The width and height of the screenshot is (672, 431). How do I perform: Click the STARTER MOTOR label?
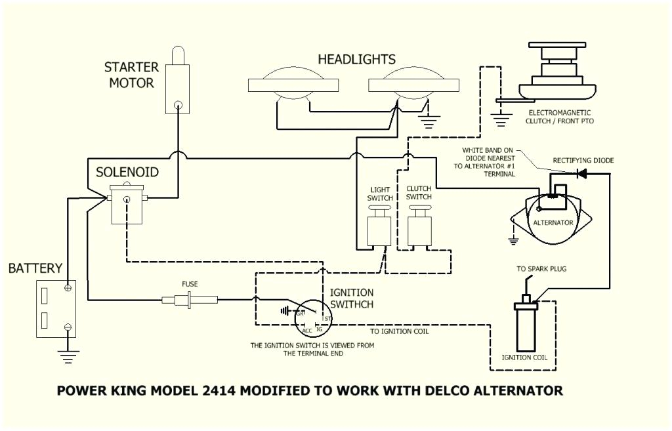point(131,75)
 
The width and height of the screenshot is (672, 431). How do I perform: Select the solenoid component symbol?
point(127,204)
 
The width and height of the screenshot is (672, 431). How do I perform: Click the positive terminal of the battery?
point(68,288)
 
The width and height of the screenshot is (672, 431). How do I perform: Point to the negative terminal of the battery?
point(68,327)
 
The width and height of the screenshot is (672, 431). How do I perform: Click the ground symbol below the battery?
point(68,356)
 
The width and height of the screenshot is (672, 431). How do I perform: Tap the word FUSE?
point(190,284)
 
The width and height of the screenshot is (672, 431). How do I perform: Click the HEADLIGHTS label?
point(357,60)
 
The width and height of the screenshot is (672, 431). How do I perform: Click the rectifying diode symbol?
point(580,174)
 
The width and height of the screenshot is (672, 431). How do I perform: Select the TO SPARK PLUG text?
point(541,269)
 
